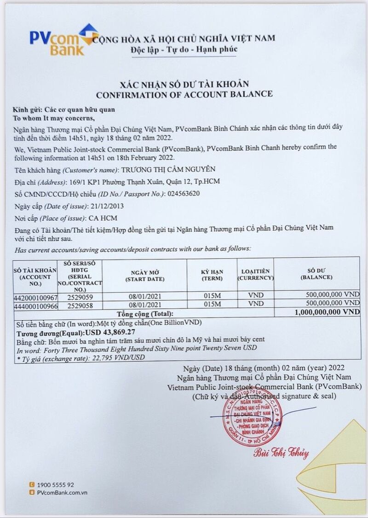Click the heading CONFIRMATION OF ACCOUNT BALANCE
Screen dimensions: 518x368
click(184, 94)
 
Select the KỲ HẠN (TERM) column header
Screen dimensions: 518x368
click(212, 275)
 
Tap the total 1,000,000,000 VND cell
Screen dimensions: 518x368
click(326, 312)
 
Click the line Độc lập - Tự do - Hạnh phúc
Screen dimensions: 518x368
click(184, 49)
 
